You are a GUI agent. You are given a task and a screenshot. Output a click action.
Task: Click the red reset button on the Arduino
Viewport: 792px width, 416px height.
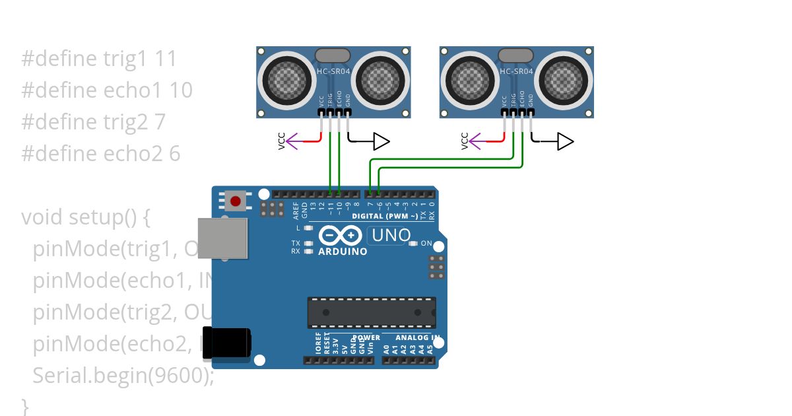[235, 200]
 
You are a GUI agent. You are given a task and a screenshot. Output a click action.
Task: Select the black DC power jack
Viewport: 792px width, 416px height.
[226, 343]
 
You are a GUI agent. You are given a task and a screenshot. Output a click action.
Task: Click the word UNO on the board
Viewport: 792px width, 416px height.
[391, 235]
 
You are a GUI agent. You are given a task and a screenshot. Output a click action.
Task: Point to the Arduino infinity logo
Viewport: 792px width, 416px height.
[341, 236]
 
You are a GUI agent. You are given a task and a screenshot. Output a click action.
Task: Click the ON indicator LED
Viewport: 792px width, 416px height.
[414, 244]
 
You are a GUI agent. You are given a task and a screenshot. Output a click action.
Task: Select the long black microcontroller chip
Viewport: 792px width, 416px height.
[371, 312]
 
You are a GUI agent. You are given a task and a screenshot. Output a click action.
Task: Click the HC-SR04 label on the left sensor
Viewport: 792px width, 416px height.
[333, 71]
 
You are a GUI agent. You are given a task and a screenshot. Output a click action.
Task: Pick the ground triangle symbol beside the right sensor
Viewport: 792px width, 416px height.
[565, 141]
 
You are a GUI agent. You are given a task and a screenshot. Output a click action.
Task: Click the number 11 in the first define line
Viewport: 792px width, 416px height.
[166, 59]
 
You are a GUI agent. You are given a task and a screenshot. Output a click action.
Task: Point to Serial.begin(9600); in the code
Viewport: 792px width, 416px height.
[123, 375]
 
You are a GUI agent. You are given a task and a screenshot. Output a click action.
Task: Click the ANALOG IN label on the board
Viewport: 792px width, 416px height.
[417, 337]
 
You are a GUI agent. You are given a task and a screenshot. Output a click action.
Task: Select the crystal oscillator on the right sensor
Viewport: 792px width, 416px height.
[515, 55]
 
